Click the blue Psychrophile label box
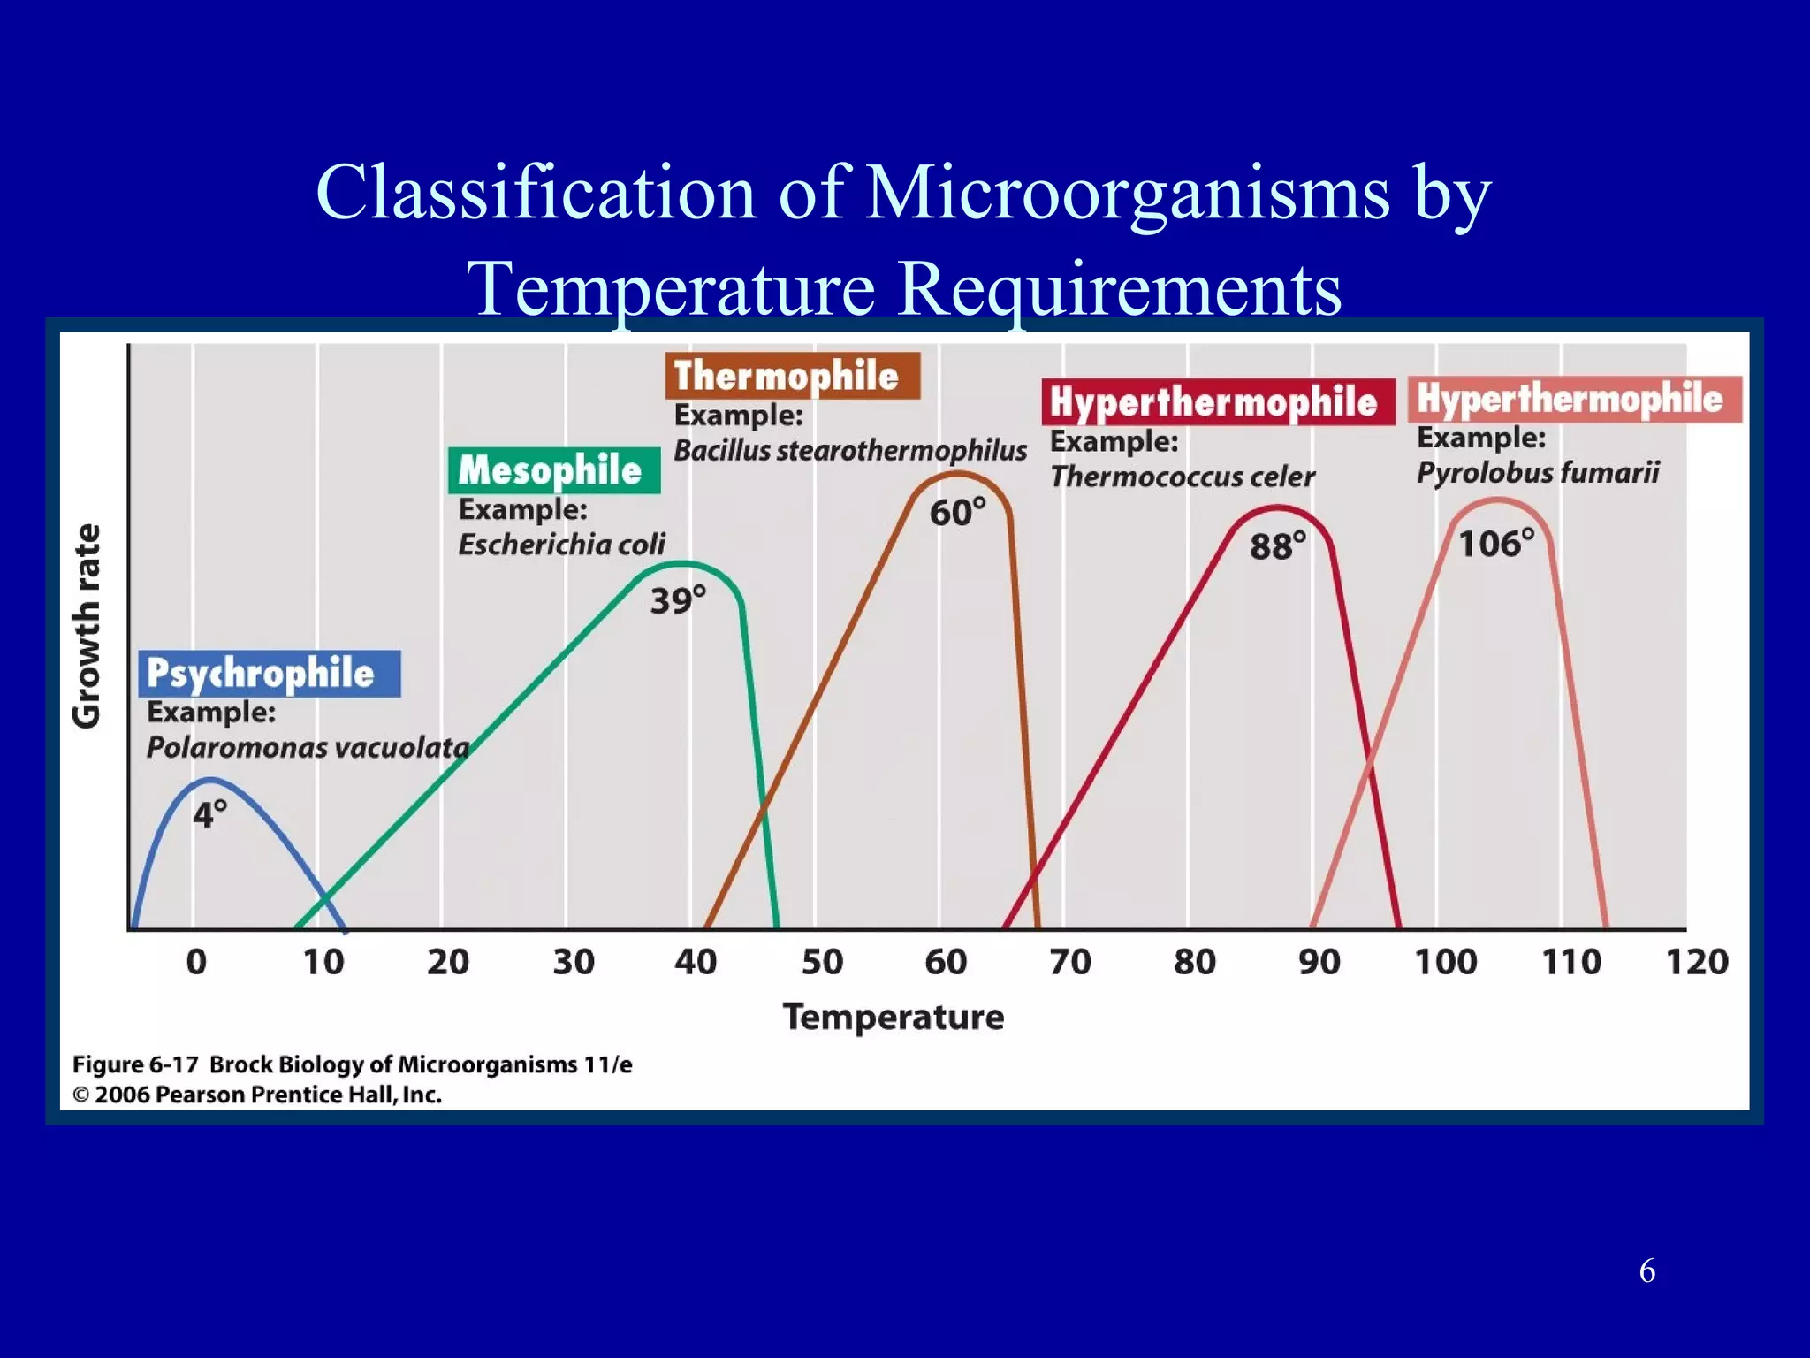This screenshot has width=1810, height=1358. click(269, 674)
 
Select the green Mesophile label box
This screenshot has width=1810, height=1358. click(553, 470)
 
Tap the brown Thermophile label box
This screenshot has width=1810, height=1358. click(792, 376)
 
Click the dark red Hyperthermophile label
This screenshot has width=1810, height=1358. click(1217, 402)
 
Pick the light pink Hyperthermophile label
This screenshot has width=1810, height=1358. click(1574, 399)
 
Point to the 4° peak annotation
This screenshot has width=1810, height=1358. click(210, 813)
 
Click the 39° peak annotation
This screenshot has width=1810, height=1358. click(678, 600)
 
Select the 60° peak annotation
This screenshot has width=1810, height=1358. click(957, 512)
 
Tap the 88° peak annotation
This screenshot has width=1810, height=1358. click(1277, 545)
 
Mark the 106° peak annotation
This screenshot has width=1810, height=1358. click(1495, 543)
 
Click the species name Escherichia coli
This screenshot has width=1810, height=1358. click(561, 545)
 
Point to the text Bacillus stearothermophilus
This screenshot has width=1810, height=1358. click(850, 450)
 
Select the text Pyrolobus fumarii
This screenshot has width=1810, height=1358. click(1538, 472)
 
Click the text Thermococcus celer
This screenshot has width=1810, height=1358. click(1183, 477)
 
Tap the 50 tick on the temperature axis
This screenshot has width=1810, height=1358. click(822, 962)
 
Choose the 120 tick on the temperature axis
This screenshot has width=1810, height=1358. click(1696, 962)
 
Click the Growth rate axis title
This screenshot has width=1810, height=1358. click(87, 626)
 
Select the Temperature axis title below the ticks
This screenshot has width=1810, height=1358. click(894, 1018)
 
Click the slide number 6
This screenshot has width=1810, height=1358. click(1646, 1271)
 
